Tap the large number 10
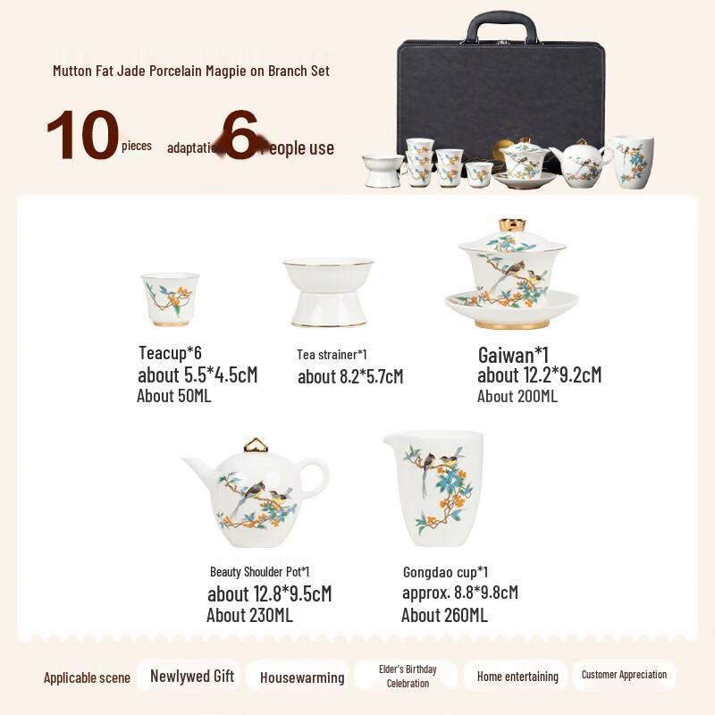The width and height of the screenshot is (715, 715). [82, 136]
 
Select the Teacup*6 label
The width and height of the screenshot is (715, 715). [170, 353]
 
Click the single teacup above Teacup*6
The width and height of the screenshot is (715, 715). [170, 298]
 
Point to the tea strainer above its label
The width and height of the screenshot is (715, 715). [328, 292]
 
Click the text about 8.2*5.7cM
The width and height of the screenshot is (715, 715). [350, 376]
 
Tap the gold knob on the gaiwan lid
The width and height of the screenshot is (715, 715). [511, 224]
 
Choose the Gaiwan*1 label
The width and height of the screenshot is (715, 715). [513, 355]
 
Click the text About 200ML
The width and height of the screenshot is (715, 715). [517, 396]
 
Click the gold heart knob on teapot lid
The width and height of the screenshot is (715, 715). [257, 444]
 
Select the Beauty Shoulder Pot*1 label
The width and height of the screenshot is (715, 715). [260, 571]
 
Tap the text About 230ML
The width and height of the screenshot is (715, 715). [249, 615]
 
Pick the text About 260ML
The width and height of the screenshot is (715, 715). [444, 615]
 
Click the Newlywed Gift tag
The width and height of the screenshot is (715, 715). [192, 676]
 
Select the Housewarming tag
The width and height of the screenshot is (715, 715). [302, 677]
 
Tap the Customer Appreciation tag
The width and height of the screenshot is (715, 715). [624, 675]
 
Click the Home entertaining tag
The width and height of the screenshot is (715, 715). [517, 677]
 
